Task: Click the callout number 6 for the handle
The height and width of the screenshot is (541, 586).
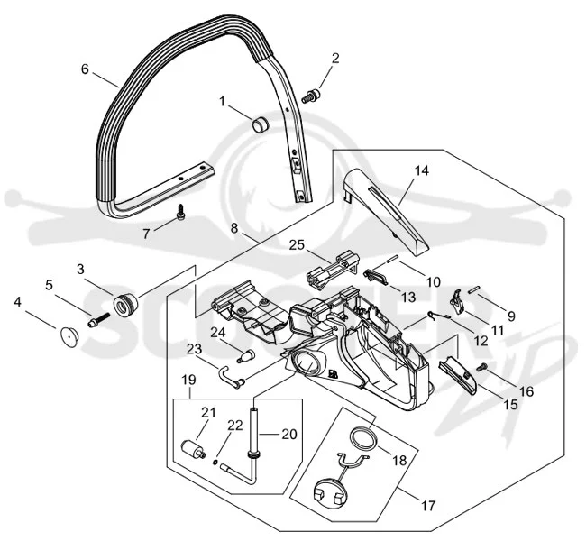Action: (x=86, y=69)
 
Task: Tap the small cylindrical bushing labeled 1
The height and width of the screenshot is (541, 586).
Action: (x=261, y=124)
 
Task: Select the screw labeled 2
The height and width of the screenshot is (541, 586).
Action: (x=311, y=96)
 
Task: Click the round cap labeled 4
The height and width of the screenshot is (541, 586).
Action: (x=69, y=335)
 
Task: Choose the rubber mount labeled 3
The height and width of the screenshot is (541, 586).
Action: (x=125, y=306)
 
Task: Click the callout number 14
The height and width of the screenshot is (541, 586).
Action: (x=422, y=170)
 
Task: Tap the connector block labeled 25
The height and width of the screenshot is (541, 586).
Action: (x=333, y=270)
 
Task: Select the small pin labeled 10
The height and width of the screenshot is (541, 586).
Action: (x=392, y=259)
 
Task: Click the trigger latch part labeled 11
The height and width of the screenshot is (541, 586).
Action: (x=457, y=301)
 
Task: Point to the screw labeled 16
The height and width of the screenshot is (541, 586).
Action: (x=481, y=368)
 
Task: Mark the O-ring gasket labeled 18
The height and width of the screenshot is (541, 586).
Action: (x=363, y=438)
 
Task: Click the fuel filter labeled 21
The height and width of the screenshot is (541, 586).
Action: (x=192, y=448)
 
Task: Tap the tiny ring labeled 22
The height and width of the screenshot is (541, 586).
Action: (x=215, y=463)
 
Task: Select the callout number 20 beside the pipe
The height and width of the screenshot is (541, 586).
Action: (x=288, y=434)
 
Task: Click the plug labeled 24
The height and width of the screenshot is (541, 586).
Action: (x=245, y=355)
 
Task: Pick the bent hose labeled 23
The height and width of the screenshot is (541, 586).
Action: (x=232, y=378)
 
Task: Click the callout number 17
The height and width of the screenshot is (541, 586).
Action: (x=428, y=506)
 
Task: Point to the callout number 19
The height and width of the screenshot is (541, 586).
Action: (x=189, y=380)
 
